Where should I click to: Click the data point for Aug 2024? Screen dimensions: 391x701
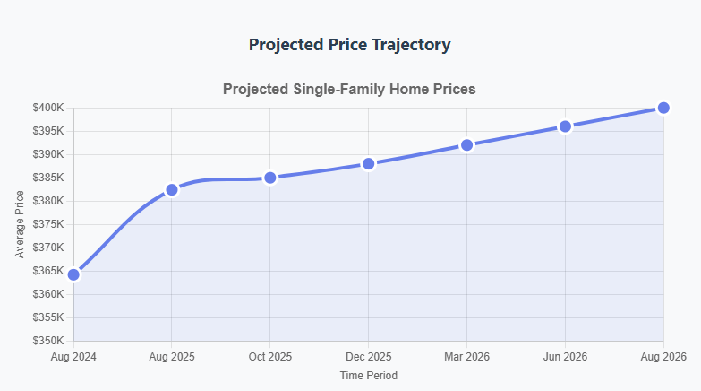pos(73,274)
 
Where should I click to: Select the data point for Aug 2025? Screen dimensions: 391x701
pos(172,189)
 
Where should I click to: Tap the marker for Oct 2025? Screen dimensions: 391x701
pos(270,178)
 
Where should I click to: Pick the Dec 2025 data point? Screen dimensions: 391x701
pos(368,163)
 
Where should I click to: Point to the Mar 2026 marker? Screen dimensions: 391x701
pos(466,144)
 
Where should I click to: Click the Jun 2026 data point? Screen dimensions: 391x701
pos(565,126)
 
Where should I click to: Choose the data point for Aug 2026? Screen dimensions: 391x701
pos(663,108)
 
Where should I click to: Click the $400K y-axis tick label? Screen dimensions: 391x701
pos(47,108)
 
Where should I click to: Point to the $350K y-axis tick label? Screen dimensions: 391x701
pos(47,341)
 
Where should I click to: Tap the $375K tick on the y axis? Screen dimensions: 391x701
pos(47,224)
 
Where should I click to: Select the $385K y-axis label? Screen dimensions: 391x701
pos(47,178)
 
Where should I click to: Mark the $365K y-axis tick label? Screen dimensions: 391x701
pos(47,271)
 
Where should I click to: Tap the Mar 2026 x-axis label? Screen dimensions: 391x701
pos(466,357)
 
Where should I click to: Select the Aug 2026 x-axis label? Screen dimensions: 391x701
pos(663,357)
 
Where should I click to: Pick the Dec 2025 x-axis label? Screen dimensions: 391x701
pos(368,357)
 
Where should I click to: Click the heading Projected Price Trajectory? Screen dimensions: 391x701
pos(350,44)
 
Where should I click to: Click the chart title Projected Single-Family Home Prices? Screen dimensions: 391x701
pos(350,90)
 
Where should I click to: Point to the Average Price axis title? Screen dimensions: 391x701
pos(21,224)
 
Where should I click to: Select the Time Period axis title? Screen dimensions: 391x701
pos(368,375)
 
